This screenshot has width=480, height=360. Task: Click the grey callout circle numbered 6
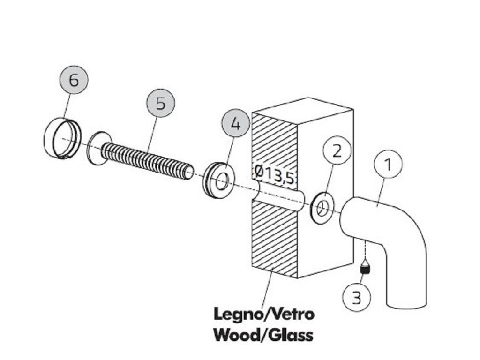tap(74, 80)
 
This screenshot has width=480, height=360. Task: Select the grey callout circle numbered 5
tap(161, 103)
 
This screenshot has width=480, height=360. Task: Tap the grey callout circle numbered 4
tap(235, 124)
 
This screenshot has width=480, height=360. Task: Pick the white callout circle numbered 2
tap(337, 150)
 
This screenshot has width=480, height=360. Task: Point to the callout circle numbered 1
tap(388, 164)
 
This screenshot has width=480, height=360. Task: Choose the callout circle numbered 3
tap(357, 297)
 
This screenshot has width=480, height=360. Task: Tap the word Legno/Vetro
tap(264, 315)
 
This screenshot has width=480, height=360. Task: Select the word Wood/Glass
tap(263, 335)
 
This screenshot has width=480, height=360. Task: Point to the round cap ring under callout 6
tap(63, 138)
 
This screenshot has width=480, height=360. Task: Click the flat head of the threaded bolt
tap(98, 148)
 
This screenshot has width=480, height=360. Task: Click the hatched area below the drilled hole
tap(274, 239)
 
